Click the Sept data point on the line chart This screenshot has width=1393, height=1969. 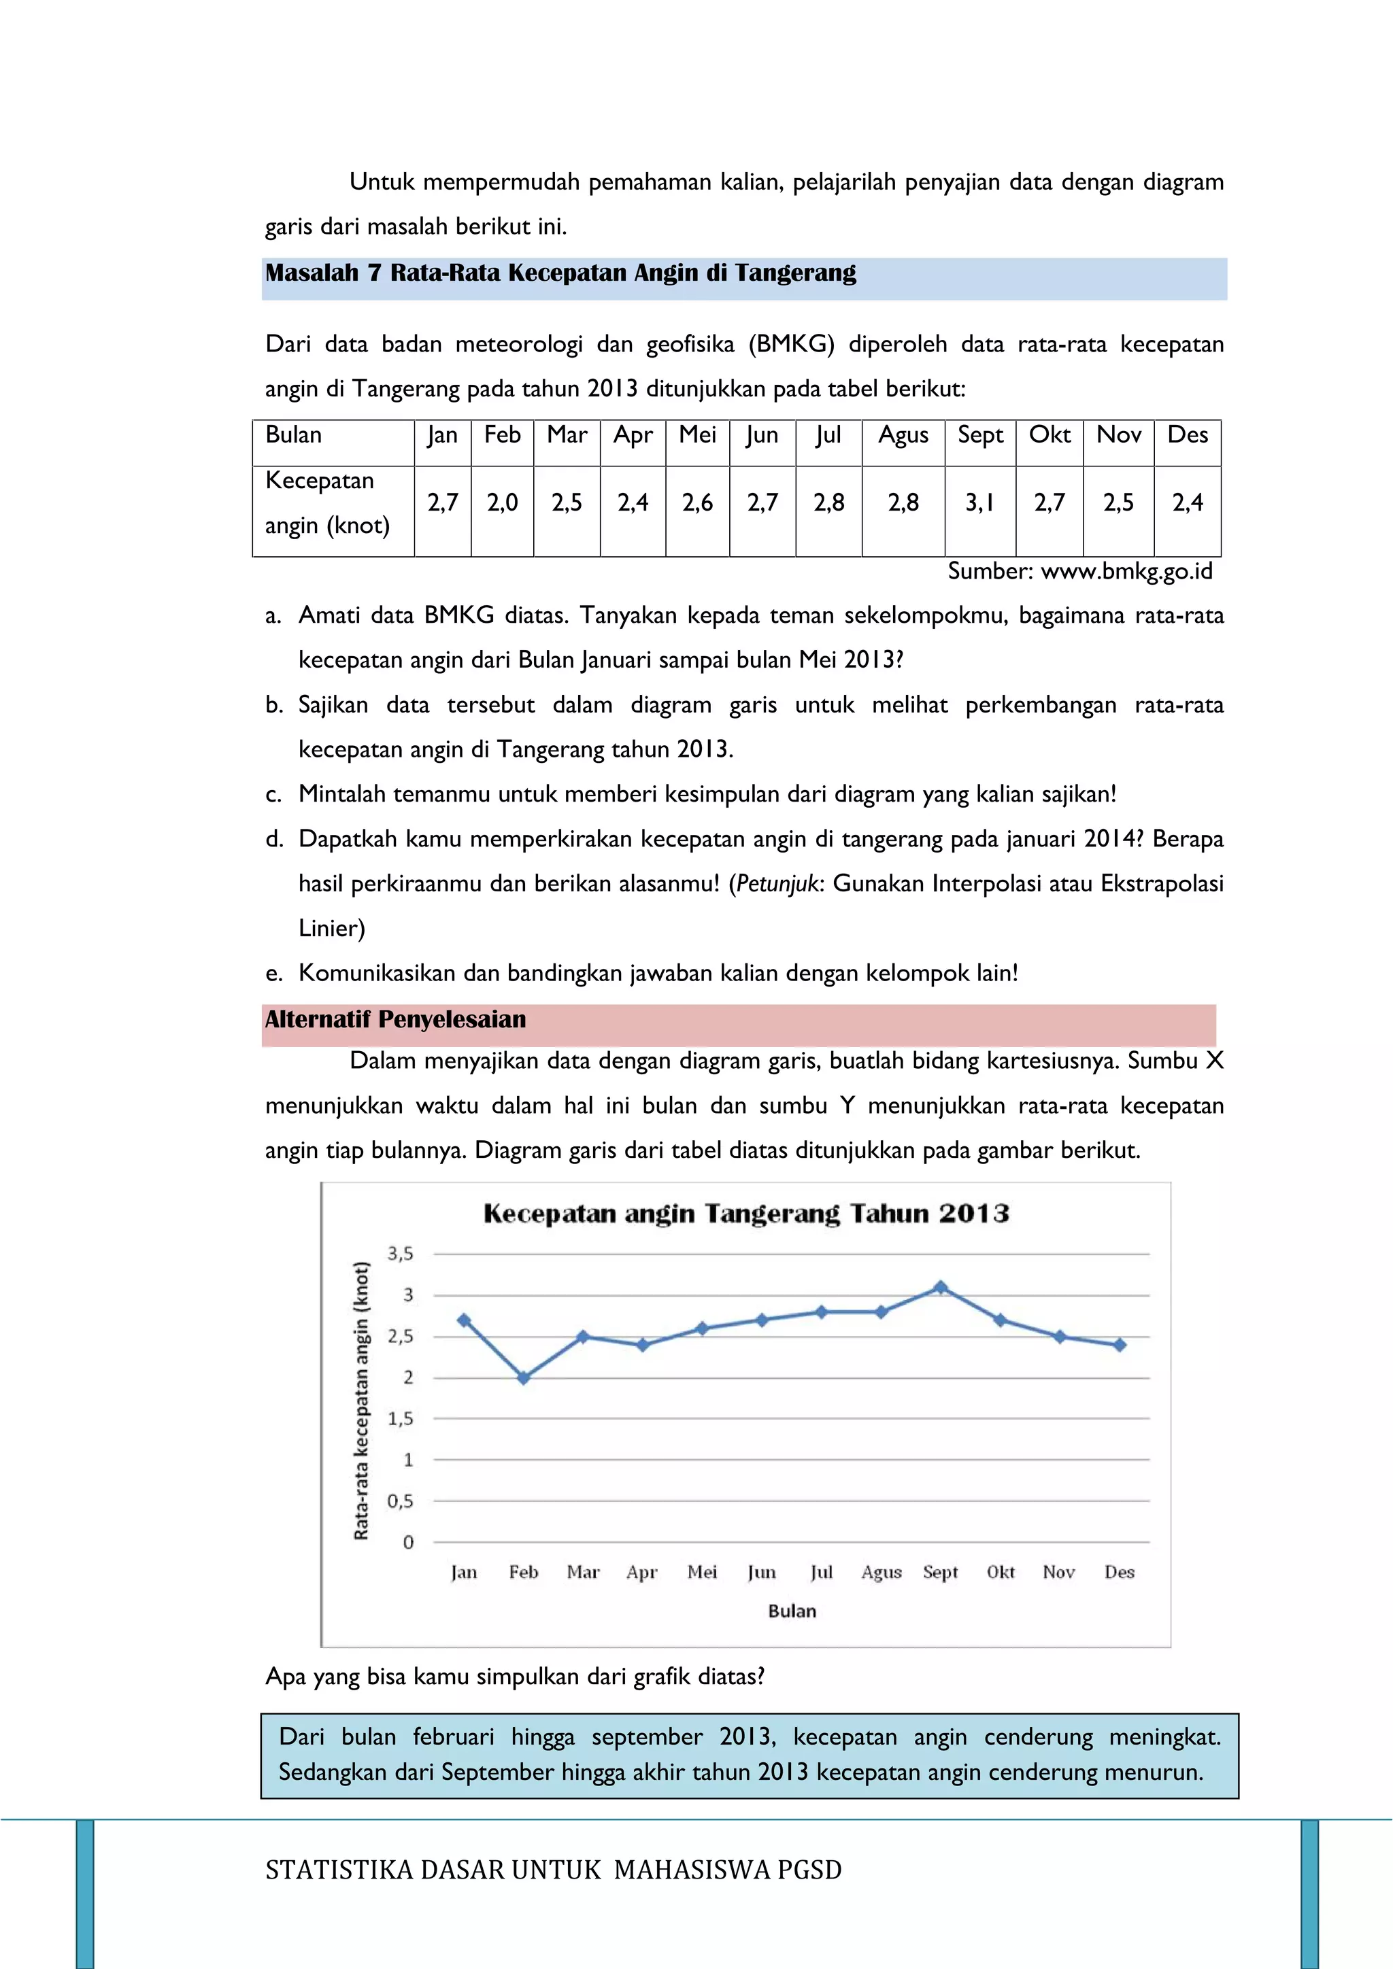[940, 1287]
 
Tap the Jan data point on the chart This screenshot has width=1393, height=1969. [464, 1320]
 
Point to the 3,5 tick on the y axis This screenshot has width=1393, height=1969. [400, 1254]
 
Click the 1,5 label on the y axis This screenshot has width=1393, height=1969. [400, 1419]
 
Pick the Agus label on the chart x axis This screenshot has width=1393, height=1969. [881, 1572]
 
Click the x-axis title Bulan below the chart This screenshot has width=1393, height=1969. [792, 1611]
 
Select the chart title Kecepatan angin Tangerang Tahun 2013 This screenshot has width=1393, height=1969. [745, 1214]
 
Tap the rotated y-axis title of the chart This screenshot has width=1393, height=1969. [361, 1399]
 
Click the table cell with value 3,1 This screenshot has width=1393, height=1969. [979, 502]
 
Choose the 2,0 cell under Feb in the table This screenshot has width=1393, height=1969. [502, 502]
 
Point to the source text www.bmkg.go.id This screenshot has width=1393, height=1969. [1126, 571]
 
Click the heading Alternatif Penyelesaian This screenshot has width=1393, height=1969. [395, 1020]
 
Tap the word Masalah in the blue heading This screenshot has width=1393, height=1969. [312, 273]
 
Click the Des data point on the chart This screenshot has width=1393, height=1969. [1120, 1346]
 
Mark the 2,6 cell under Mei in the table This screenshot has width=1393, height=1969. [697, 502]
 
